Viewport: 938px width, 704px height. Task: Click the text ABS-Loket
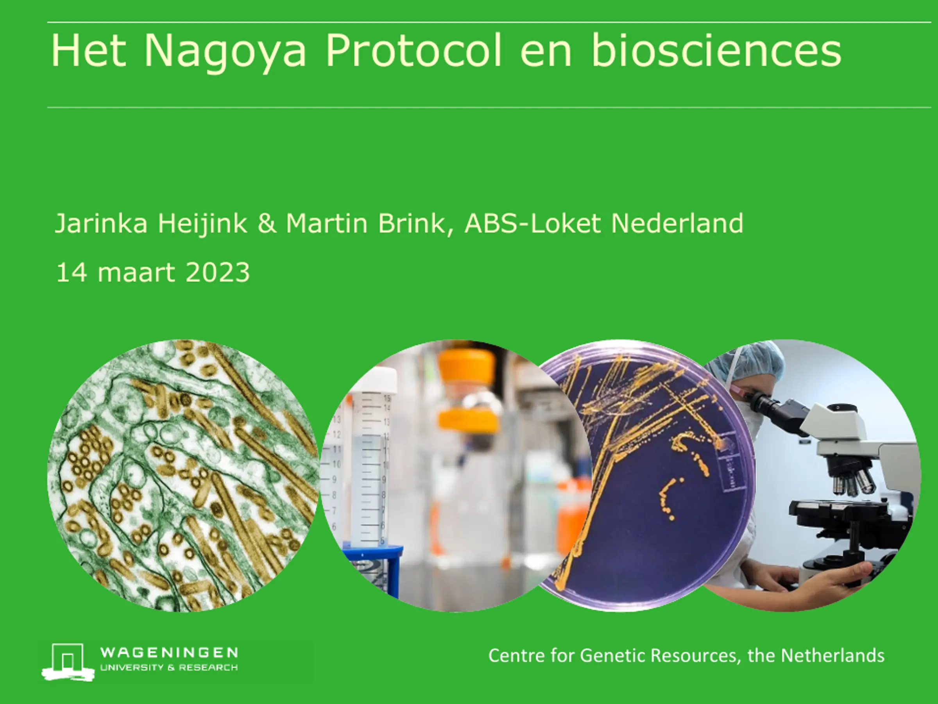pos(533,223)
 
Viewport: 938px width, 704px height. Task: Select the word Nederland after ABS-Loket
pos(677,223)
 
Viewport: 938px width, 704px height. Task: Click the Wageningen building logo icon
pos(68,662)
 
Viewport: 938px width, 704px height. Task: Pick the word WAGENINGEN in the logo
pos(169,653)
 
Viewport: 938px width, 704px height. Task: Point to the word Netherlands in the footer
pos(833,655)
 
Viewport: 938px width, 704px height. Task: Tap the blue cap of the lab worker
pos(748,360)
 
